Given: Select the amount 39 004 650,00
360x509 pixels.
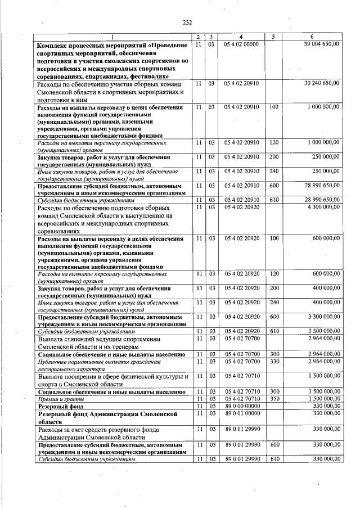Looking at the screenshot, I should tap(321, 44).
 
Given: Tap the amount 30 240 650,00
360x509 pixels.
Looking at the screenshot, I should tap(321, 83).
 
